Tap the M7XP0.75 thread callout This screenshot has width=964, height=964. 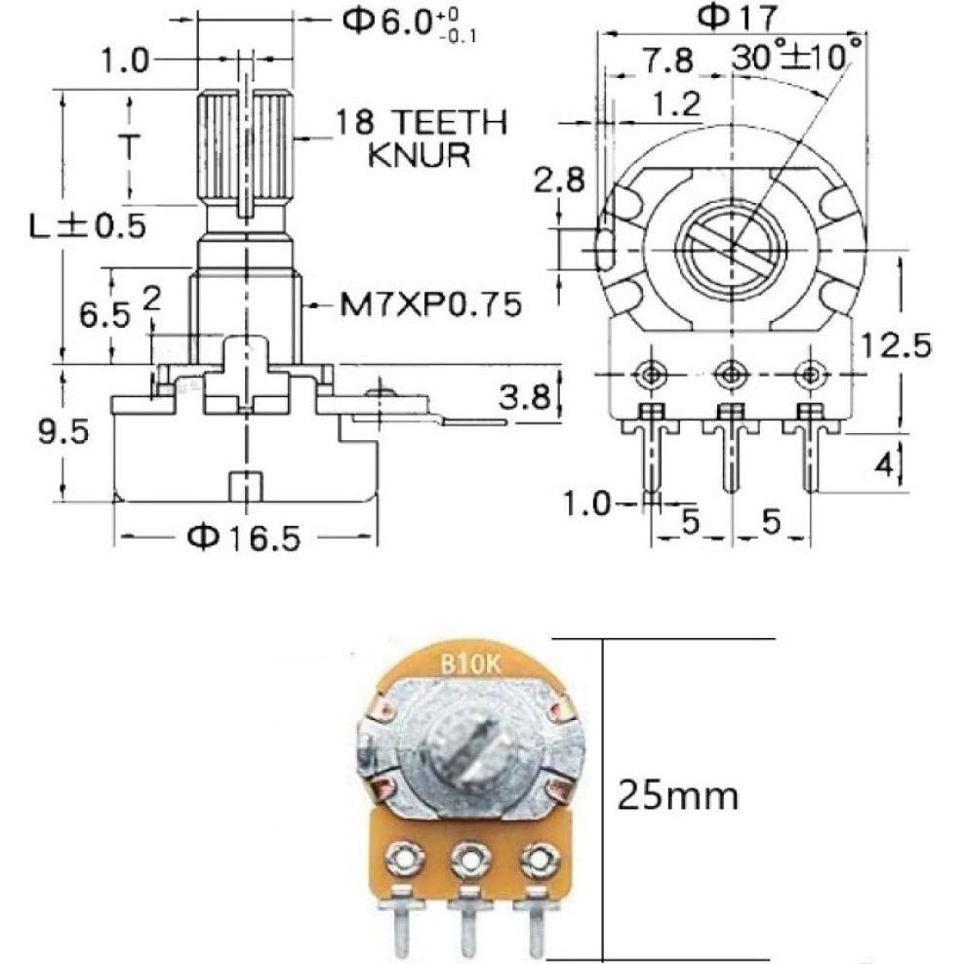(x=422, y=304)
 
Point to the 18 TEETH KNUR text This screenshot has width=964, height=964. (x=421, y=138)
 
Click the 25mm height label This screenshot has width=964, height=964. (x=676, y=797)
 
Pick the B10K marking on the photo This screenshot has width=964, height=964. (x=470, y=664)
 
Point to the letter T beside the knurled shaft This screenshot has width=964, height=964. (x=126, y=145)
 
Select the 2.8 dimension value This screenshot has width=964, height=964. (x=558, y=180)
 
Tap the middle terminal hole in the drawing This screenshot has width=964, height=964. (x=729, y=373)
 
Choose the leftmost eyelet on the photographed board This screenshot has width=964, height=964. (x=399, y=859)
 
